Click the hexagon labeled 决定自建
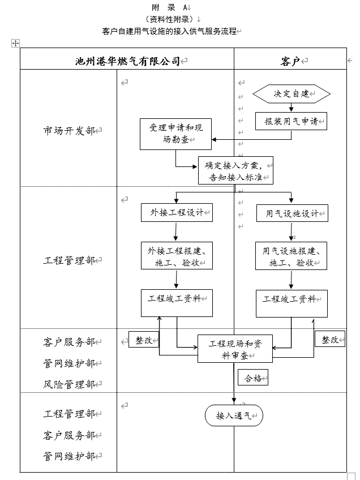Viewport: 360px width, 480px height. coord(291,94)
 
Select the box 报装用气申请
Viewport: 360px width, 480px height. coord(291,121)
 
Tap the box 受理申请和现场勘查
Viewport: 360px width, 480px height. coord(175,134)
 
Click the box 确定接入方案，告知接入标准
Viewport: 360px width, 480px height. coord(235,170)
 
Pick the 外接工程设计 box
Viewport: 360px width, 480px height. coord(177,213)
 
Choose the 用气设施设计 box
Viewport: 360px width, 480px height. coord(292,213)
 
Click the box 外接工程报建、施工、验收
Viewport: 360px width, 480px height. coord(177,256)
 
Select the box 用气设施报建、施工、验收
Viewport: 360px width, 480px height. coord(292,256)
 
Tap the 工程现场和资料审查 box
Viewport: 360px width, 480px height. coord(235,349)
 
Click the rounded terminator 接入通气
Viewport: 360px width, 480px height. coord(234,415)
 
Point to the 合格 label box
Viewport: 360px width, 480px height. coord(252,378)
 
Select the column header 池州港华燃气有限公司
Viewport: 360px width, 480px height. coord(127,61)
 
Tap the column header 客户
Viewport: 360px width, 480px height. coord(290,61)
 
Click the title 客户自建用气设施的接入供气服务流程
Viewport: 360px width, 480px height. coord(169,31)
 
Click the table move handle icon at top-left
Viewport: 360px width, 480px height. coord(15,43)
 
